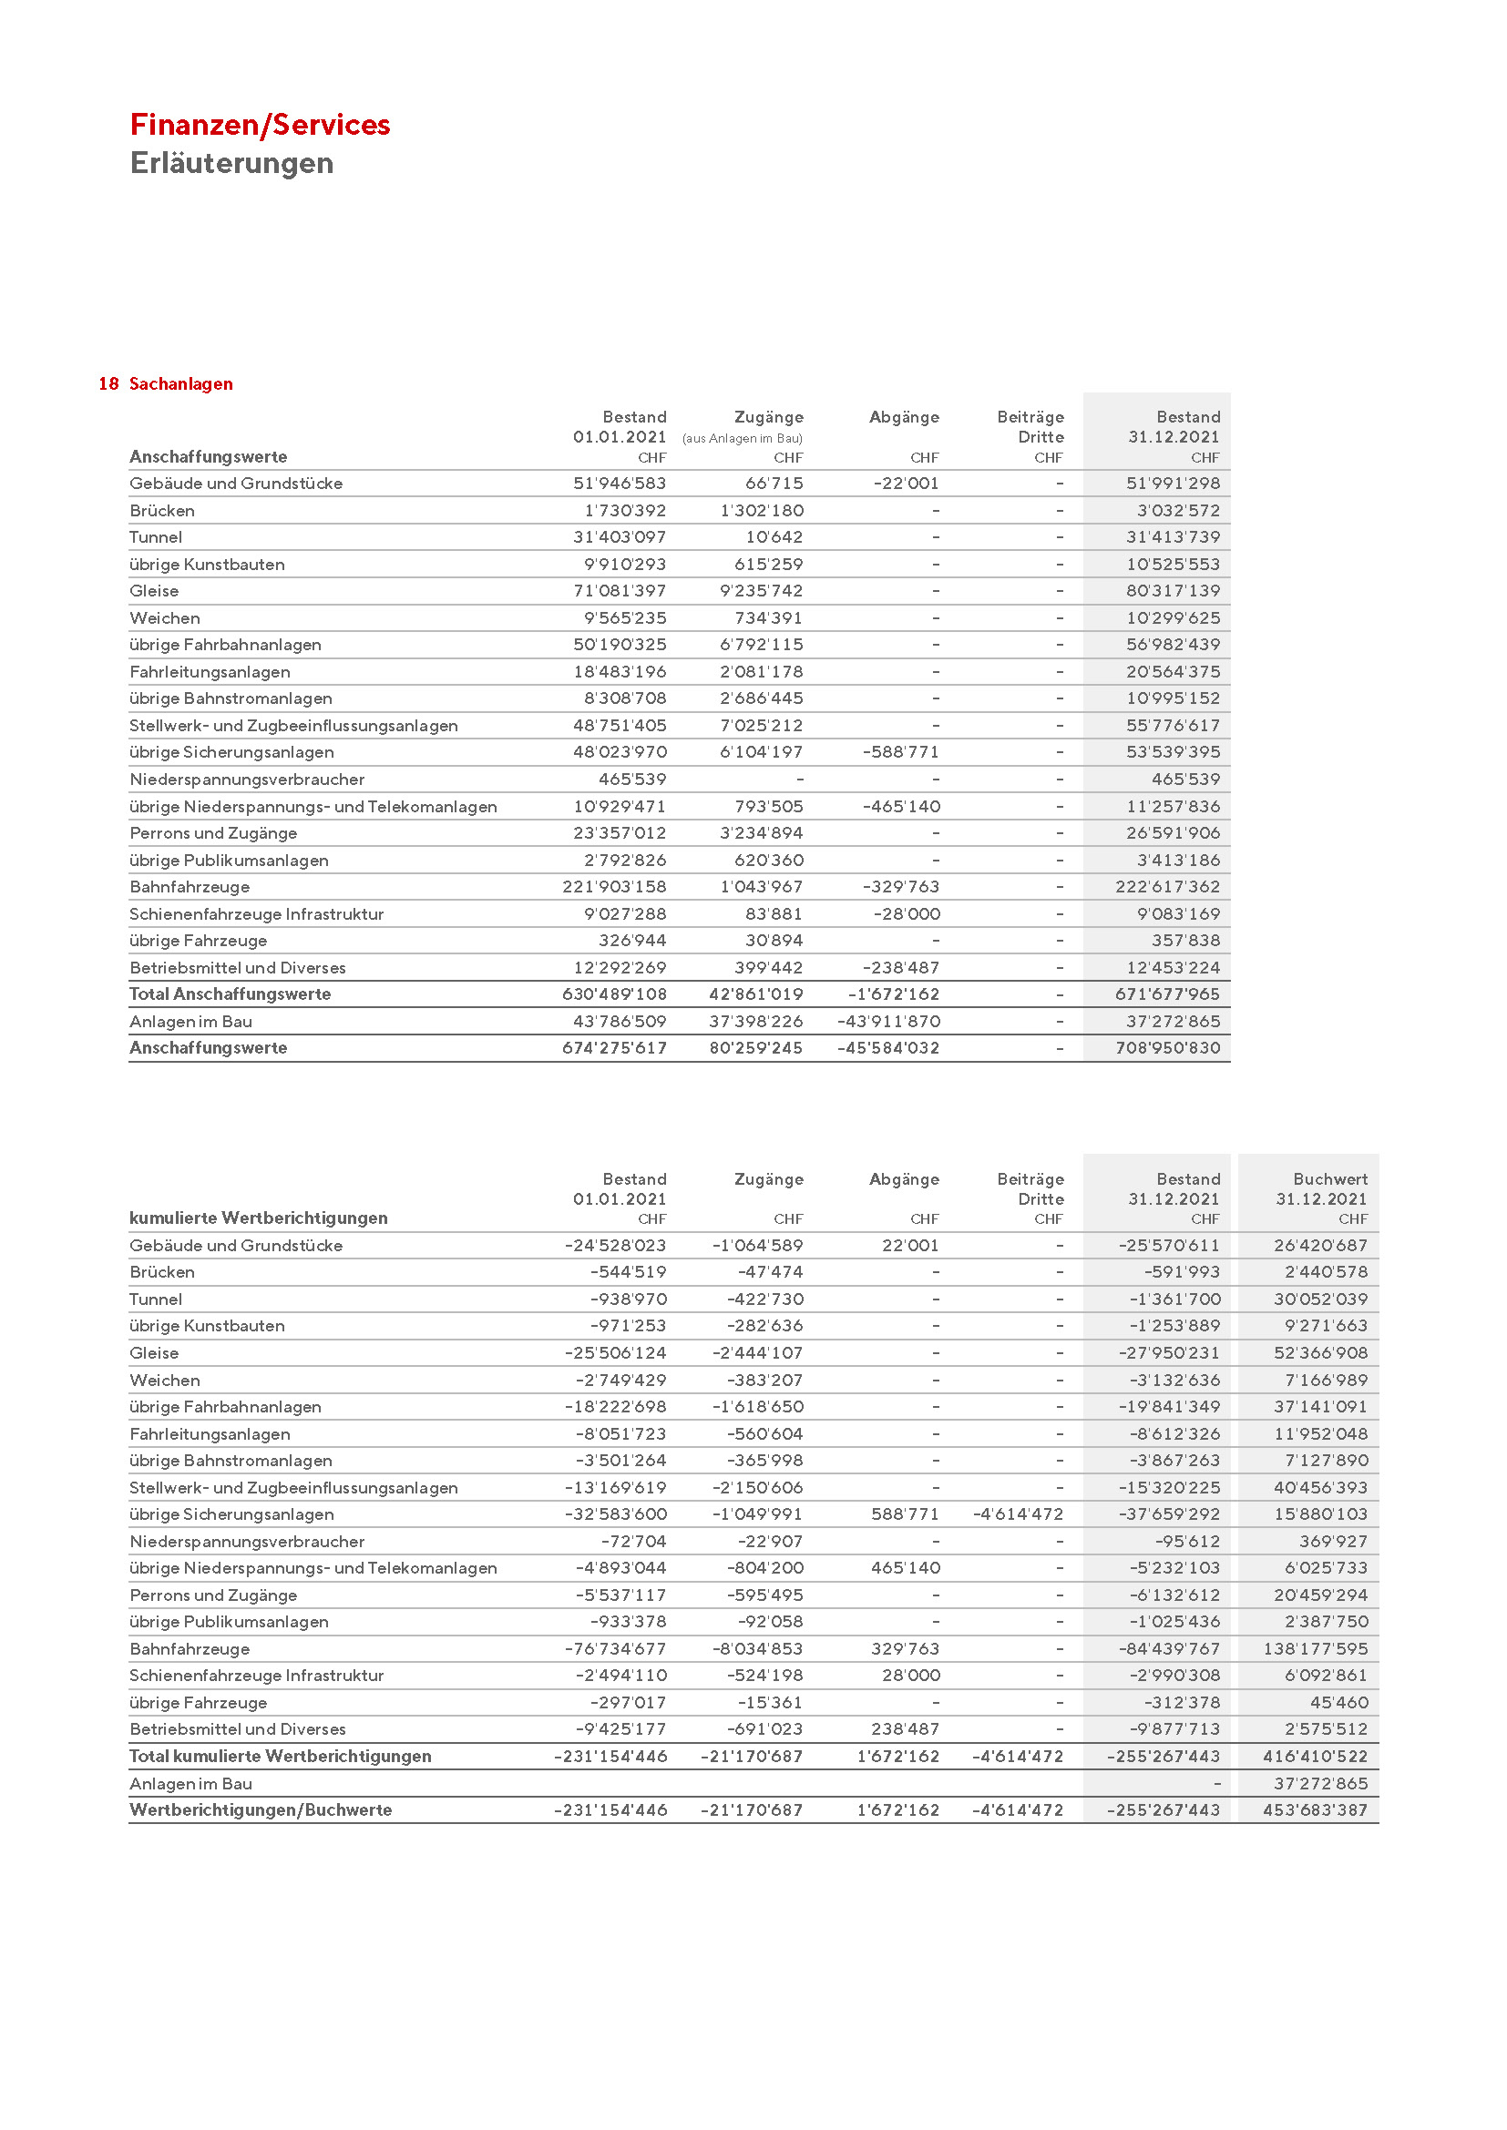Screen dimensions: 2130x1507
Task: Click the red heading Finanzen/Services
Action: (260, 125)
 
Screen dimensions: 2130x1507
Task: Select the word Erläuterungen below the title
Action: (231, 163)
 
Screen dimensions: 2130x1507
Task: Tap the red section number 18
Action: (108, 384)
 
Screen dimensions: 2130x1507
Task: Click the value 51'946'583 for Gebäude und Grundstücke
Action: (619, 484)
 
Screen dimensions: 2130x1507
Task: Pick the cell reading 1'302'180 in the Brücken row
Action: (761, 510)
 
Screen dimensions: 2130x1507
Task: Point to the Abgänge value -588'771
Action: (900, 752)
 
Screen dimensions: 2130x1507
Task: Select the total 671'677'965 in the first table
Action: (1167, 994)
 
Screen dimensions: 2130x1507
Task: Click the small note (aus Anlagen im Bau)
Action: (742, 439)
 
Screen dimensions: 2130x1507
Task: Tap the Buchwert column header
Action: (1329, 1179)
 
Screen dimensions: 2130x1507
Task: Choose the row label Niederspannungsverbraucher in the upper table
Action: (247, 780)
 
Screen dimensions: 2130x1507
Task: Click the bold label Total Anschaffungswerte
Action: (231, 994)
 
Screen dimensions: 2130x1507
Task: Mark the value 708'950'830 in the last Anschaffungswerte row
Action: (1167, 1048)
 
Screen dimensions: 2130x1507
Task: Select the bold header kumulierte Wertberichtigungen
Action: (258, 1218)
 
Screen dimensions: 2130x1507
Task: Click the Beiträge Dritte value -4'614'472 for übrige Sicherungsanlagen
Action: (1017, 1515)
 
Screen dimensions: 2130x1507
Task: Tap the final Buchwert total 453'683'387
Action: (1315, 1811)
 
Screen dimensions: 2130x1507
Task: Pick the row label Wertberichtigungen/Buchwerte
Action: (261, 1811)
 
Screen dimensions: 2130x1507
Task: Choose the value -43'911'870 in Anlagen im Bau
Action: (888, 1022)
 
